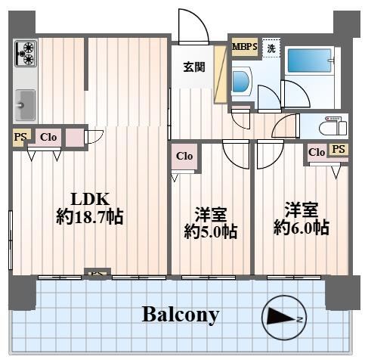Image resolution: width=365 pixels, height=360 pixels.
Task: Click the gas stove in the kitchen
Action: pos(26,54)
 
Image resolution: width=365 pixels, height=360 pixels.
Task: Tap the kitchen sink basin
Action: pos(26,104)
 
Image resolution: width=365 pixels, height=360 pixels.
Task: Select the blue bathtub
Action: pos(309,61)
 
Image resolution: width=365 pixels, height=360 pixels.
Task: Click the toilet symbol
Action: pos(333,126)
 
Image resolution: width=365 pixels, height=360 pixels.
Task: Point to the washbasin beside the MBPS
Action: pos(241,81)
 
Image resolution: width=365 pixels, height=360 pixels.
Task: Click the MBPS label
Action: pos(245,47)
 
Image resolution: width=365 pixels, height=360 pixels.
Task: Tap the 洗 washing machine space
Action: pos(271,48)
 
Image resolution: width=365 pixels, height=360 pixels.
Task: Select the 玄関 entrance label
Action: pos(194,67)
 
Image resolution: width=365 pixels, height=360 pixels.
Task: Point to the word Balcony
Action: pos(181,315)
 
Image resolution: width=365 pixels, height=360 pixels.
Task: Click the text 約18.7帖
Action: pos(90,217)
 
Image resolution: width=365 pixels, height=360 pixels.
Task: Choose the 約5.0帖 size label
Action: pos(211,231)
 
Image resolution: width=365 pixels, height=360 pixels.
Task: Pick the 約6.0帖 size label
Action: pos(302,228)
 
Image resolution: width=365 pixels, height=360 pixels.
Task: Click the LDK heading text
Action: pos(90,199)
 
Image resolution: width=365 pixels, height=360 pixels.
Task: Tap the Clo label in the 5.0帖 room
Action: pos(184,156)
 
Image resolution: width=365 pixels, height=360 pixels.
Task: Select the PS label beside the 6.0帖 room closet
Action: pos(339,149)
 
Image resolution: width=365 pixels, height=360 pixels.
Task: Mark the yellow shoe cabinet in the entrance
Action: pos(221,74)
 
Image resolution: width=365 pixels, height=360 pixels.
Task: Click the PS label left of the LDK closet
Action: pos(20,137)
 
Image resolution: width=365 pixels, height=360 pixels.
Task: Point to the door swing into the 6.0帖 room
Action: pos(271,154)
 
